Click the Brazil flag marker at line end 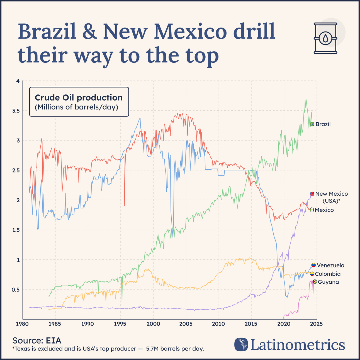coord(312,124)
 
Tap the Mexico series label coord(324,210)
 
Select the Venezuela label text coord(330,266)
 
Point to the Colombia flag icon coord(312,274)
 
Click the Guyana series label coord(328,282)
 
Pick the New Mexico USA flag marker coord(312,194)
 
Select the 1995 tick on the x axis coord(120,324)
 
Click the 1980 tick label coord(23,324)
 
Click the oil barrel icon coord(325,38)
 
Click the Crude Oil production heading coord(79,98)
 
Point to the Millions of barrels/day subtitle coord(76,107)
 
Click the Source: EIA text coord(37,340)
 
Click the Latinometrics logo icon coord(241,344)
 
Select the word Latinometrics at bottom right coord(298,345)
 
